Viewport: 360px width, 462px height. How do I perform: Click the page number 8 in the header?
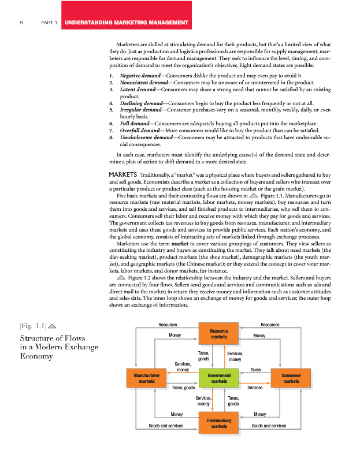click(21, 23)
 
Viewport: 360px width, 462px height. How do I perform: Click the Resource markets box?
click(219, 334)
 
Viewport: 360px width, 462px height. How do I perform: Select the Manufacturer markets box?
click(147, 378)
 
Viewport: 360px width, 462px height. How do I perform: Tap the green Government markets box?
click(219, 378)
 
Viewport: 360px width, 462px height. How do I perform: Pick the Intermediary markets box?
click(219, 423)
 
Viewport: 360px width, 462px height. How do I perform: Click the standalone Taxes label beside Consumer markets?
click(255, 369)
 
